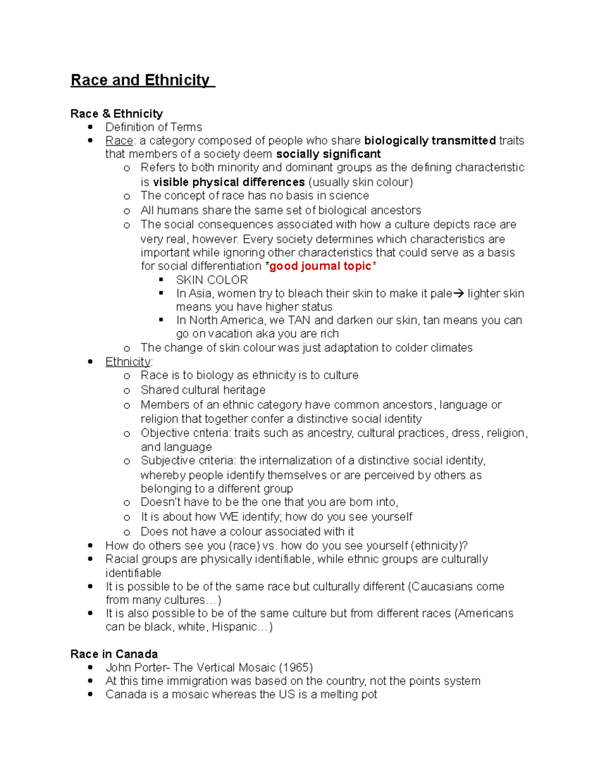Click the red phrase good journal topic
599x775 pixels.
[x=320, y=266]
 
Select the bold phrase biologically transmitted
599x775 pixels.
[x=430, y=141]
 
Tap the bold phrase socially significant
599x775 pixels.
[x=328, y=154]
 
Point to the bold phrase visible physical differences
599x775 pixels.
[x=229, y=182]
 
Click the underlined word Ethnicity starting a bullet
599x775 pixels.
[x=128, y=362]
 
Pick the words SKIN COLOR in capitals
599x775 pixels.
[x=212, y=280]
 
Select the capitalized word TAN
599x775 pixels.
[x=299, y=320]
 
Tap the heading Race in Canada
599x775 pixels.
[x=114, y=654]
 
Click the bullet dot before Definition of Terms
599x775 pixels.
[x=90, y=127]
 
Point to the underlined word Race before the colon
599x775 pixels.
[x=119, y=141]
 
